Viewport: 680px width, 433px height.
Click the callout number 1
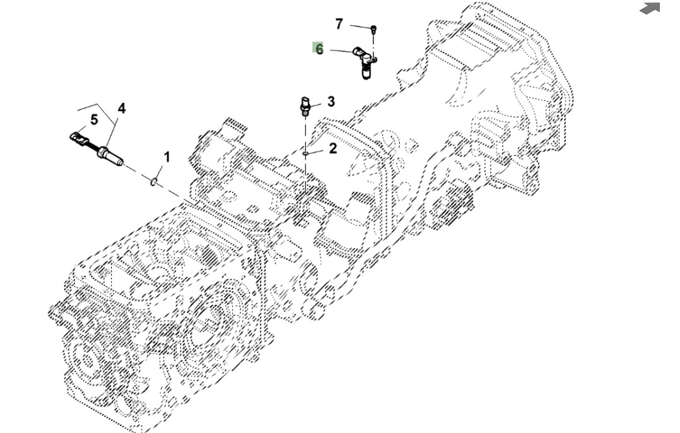pos(167,157)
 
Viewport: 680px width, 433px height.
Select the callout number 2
pos(332,148)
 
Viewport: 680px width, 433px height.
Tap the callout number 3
pos(331,102)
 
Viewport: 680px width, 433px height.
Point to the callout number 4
pos(122,109)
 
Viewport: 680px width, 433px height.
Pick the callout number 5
pos(94,120)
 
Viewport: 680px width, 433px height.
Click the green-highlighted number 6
pos(319,49)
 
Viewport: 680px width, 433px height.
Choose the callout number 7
pos(339,24)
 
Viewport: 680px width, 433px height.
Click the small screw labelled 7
pos(373,28)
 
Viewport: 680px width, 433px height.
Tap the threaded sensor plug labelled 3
pos(305,105)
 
